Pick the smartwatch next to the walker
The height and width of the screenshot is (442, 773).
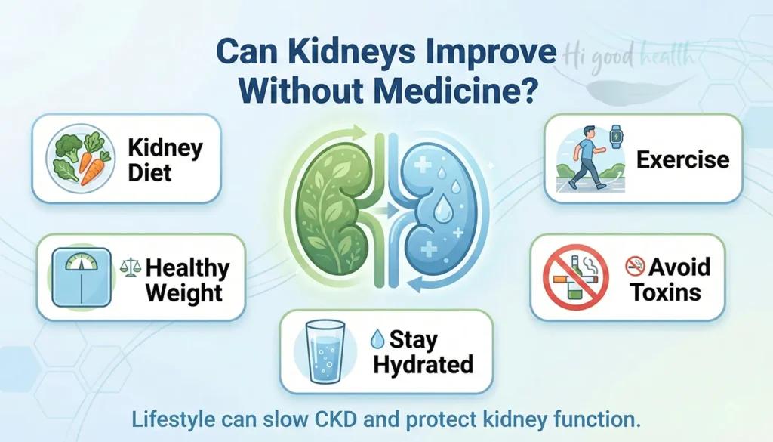pos(617,138)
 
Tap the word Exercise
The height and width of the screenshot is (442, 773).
pos(682,159)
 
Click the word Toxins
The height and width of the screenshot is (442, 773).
pos(666,292)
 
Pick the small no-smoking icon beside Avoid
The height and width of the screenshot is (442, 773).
pos(634,266)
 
